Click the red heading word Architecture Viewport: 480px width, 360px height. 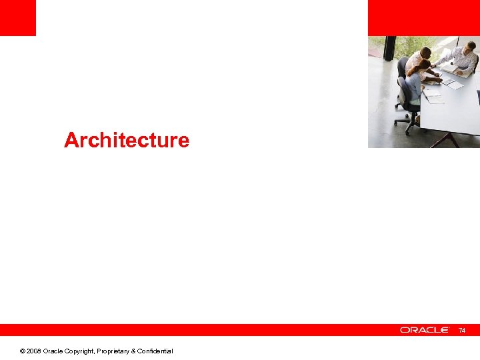tap(127, 140)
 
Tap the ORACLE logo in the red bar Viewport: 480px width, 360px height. tap(425, 330)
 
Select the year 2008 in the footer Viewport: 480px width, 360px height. tap(34, 351)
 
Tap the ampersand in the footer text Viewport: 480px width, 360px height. tap(132, 351)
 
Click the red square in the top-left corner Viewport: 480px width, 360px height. tap(17, 17)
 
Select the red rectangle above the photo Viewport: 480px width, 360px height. tap(423, 17)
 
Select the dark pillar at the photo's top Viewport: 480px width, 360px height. tap(390, 48)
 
